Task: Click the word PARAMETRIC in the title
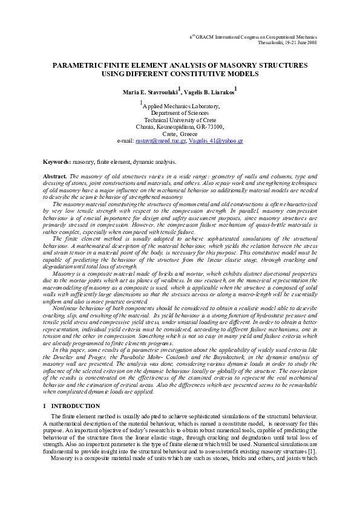click(x=76, y=64)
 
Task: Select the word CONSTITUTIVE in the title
click(x=213, y=74)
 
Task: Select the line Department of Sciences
click(x=180, y=113)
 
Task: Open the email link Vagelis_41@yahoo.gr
click(x=216, y=140)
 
